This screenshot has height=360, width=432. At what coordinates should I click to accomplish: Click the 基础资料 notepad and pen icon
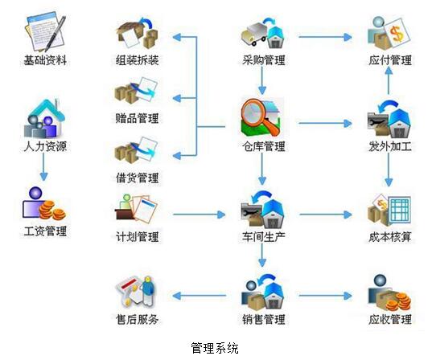(x=46, y=32)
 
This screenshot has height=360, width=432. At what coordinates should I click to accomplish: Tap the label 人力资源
(x=45, y=146)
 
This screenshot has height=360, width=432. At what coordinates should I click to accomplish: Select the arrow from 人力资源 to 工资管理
(x=43, y=167)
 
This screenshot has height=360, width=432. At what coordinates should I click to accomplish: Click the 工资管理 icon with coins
(x=43, y=203)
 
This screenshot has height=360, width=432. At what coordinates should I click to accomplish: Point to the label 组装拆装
(x=137, y=59)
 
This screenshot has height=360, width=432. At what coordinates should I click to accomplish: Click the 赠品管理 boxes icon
(x=136, y=91)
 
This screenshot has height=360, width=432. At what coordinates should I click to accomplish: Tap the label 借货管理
(x=137, y=178)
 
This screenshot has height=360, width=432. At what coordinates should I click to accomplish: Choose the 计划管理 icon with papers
(x=136, y=208)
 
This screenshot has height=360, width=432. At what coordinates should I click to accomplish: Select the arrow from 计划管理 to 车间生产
(x=200, y=215)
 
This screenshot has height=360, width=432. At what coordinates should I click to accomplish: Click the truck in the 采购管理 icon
(x=253, y=35)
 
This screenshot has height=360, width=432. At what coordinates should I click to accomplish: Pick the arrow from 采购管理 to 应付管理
(x=325, y=37)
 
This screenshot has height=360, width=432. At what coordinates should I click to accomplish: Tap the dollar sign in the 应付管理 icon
(x=397, y=33)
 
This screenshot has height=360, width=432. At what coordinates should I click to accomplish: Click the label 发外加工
(x=390, y=146)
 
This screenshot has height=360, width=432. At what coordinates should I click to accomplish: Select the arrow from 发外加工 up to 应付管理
(x=389, y=80)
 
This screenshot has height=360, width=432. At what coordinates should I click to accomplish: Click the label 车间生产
(x=263, y=237)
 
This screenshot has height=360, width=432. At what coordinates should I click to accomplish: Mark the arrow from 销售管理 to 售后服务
(x=200, y=296)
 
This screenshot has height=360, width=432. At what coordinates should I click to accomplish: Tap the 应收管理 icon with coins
(x=389, y=293)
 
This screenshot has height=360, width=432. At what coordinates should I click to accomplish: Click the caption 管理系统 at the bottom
(x=215, y=348)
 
